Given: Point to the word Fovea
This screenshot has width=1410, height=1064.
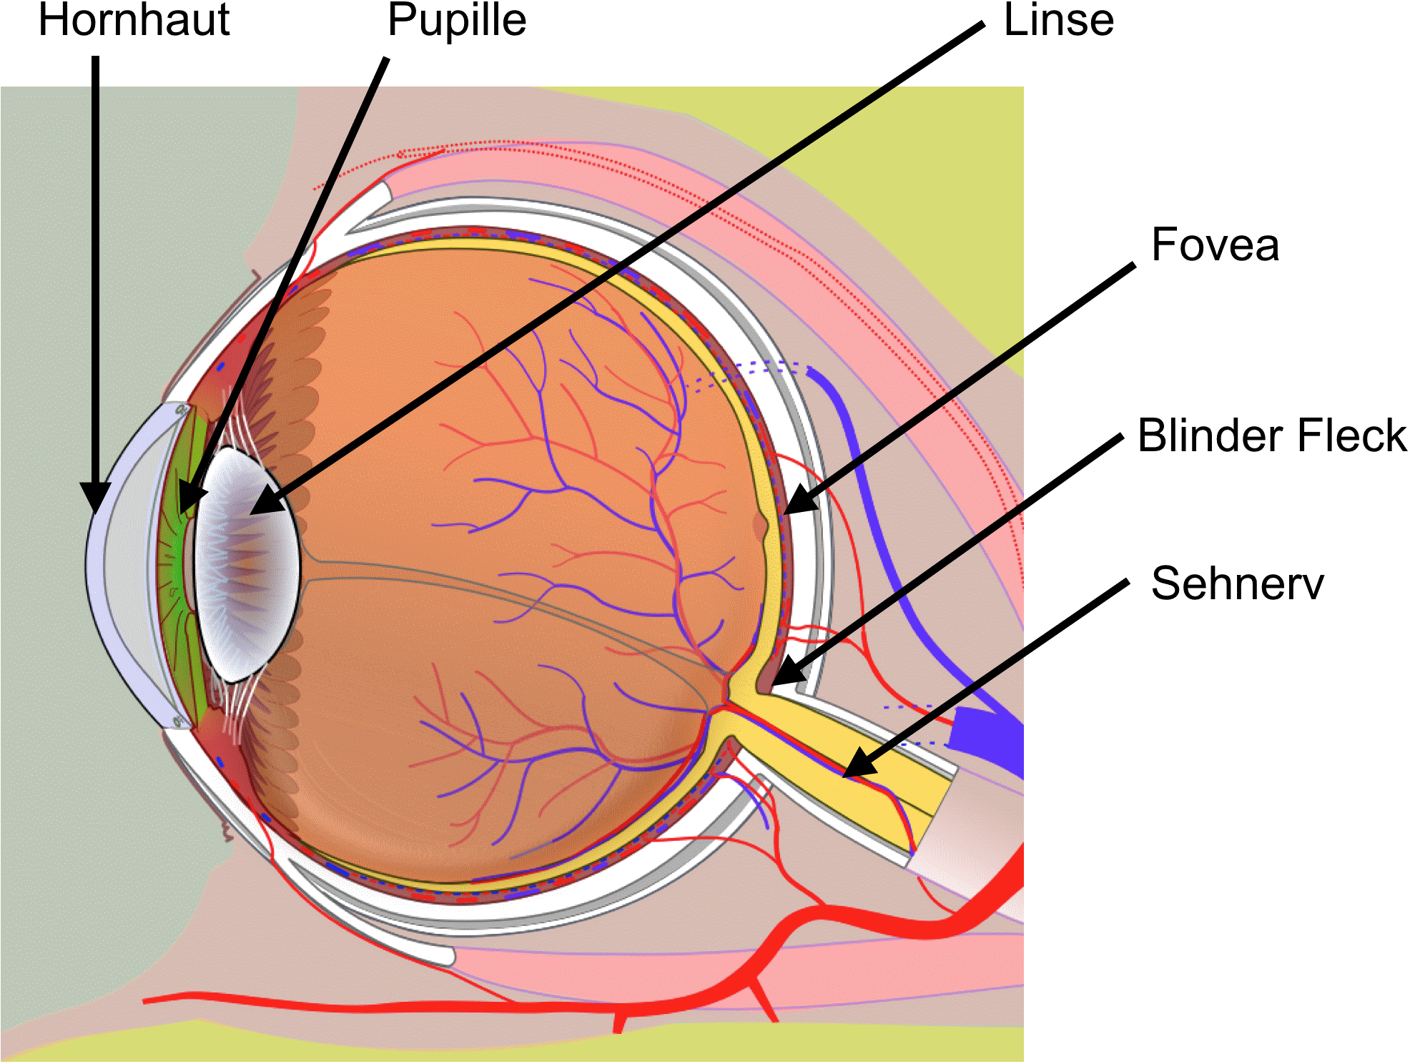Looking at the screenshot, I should [x=1215, y=245].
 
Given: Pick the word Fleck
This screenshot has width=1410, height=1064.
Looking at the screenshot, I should [x=1352, y=435].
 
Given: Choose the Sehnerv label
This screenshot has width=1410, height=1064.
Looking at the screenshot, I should [x=1237, y=583].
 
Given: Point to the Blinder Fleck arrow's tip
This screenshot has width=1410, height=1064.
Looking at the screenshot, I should [x=783, y=676].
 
